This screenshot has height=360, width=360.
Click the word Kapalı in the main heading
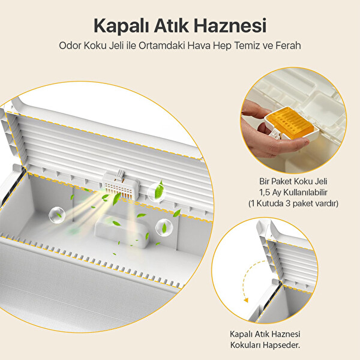[121, 26]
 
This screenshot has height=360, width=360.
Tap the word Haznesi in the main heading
[230, 25]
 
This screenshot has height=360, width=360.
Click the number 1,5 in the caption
[265, 193]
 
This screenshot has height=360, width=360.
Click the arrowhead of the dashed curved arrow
[246, 301]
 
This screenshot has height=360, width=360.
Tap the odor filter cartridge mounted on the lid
[121, 186]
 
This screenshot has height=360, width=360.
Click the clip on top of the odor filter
[121, 174]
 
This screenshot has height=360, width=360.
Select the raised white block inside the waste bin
[121, 232]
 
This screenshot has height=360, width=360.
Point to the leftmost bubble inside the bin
[57, 215]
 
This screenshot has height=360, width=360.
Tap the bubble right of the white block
[164, 227]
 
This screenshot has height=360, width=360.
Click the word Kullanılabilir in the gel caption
[300, 193]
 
